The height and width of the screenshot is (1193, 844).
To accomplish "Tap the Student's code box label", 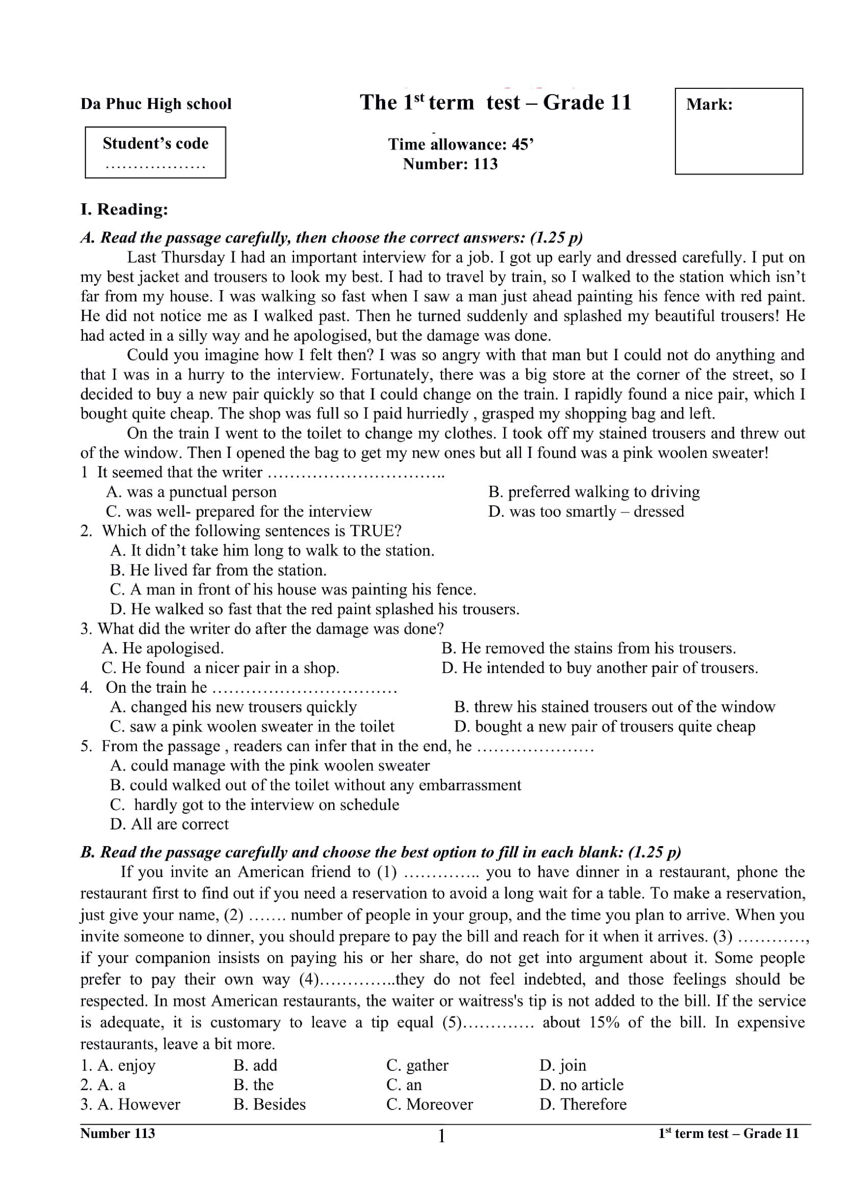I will point(155,144).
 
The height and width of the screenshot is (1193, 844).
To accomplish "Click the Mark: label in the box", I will point(709,105).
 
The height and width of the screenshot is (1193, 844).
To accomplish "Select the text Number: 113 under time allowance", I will point(450,164).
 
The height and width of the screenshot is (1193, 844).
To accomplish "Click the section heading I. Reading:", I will point(124,209).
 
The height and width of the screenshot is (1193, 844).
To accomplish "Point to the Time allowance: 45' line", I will point(461,144).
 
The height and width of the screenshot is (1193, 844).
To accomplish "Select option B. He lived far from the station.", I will point(218,570).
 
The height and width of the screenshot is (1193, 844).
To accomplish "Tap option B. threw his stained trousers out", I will point(614,707).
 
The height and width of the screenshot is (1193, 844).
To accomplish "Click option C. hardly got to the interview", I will point(254,804).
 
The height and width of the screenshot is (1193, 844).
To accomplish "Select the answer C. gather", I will point(417,1065).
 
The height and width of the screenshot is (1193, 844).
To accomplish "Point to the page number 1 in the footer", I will point(441,1137).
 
